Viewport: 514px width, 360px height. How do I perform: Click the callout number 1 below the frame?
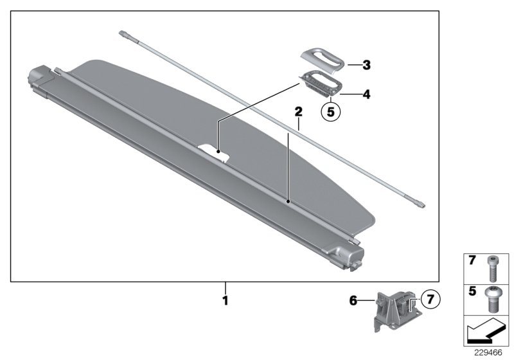225,300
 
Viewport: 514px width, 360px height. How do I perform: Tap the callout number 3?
366,65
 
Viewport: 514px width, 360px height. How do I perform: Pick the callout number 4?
366,94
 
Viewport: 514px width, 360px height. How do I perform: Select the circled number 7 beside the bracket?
430,300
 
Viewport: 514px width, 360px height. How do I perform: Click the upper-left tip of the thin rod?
122,32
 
